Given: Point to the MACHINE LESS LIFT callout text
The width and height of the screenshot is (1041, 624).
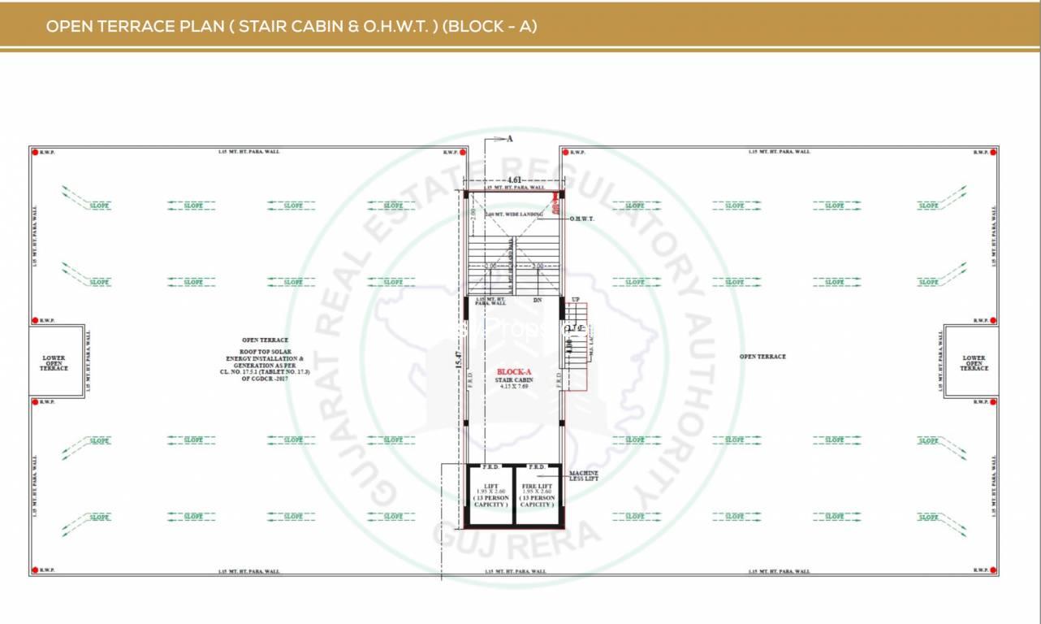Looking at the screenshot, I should [583, 475].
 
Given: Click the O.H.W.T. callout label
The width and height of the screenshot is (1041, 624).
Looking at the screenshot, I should [582, 219].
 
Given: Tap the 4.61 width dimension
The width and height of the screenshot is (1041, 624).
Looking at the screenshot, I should [513, 180].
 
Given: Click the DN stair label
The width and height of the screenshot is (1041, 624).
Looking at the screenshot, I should [537, 301].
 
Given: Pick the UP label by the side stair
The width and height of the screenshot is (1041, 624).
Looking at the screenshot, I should [576, 300].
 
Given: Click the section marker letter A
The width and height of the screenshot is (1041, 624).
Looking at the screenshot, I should [510, 139].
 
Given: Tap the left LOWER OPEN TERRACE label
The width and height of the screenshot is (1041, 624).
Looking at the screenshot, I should [55, 363].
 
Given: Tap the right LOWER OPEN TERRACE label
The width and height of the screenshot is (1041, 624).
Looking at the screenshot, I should [974, 363].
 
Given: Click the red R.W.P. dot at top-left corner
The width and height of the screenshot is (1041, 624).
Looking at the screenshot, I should [35, 153].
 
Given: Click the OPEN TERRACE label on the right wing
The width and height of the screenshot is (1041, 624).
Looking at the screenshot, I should [762, 357].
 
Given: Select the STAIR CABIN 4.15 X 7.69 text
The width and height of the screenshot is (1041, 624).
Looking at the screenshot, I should [513, 382].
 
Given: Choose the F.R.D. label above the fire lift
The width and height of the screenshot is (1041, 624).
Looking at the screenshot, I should [537, 467].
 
